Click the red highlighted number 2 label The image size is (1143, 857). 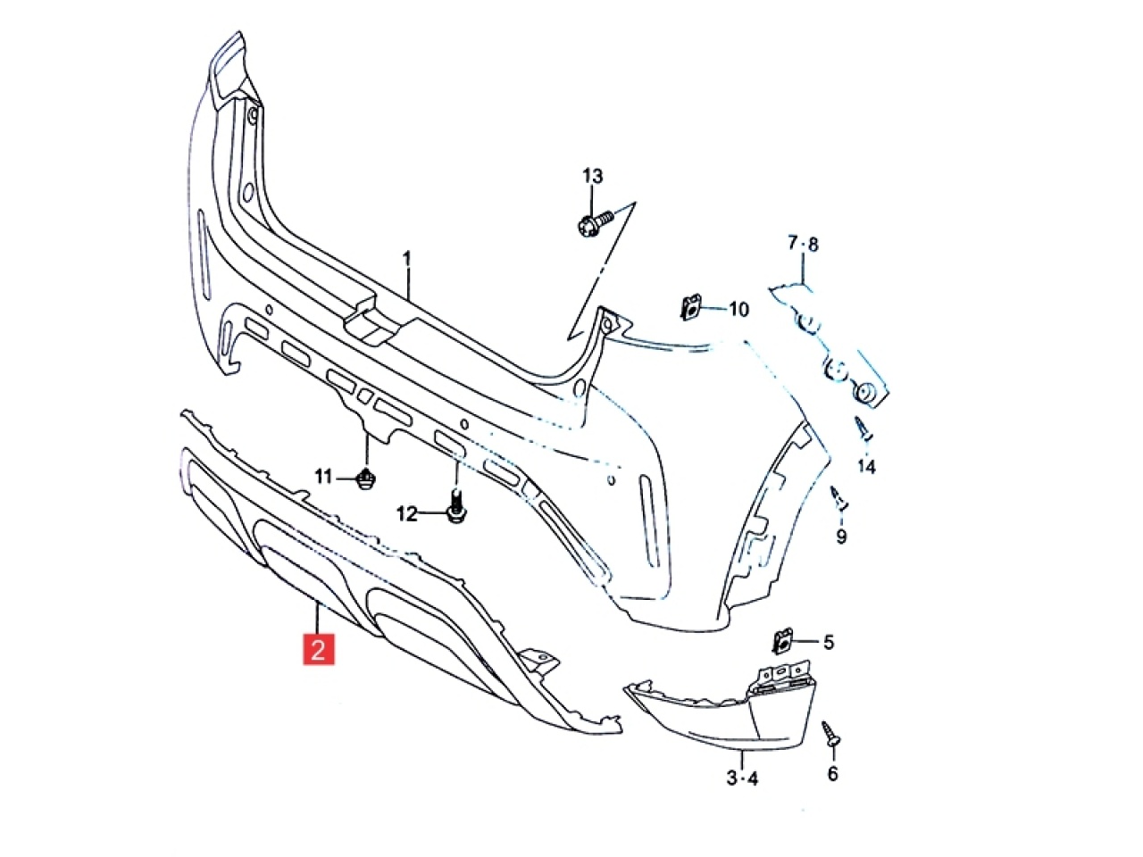(x=318, y=649)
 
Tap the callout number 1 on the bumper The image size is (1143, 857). (x=407, y=259)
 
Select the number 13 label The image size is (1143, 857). (x=593, y=177)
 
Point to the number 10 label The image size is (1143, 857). (x=738, y=310)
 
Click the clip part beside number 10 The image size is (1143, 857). (x=690, y=308)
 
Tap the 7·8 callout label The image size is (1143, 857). (x=803, y=244)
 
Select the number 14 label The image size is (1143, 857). (x=866, y=467)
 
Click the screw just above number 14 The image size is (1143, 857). (x=864, y=429)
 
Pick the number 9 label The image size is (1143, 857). (x=841, y=536)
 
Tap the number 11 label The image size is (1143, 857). (x=323, y=476)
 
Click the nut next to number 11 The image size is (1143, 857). (x=367, y=478)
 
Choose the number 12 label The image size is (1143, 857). (x=406, y=514)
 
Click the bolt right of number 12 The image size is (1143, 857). (x=456, y=506)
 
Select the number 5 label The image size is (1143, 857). (x=829, y=642)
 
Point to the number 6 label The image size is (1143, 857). (x=832, y=774)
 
